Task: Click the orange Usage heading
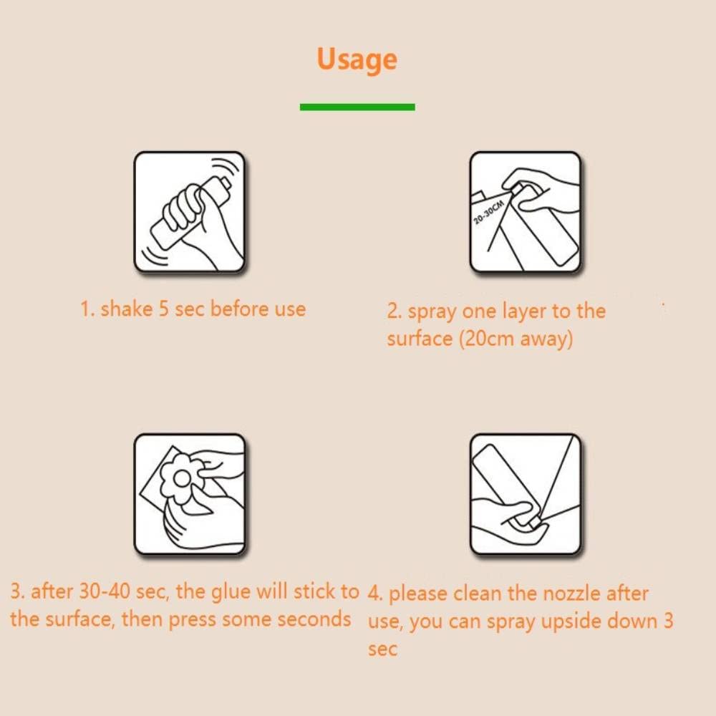click(357, 60)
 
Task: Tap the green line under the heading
click(357, 107)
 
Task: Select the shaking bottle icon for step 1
click(190, 213)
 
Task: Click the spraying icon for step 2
click(525, 213)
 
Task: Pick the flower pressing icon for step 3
click(190, 494)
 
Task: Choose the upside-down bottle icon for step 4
click(525, 494)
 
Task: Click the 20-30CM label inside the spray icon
click(488, 212)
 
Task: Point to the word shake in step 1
click(127, 309)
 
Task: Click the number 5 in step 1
click(163, 309)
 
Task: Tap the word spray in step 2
click(432, 312)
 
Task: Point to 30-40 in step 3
click(105, 591)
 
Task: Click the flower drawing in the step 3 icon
click(183, 478)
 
